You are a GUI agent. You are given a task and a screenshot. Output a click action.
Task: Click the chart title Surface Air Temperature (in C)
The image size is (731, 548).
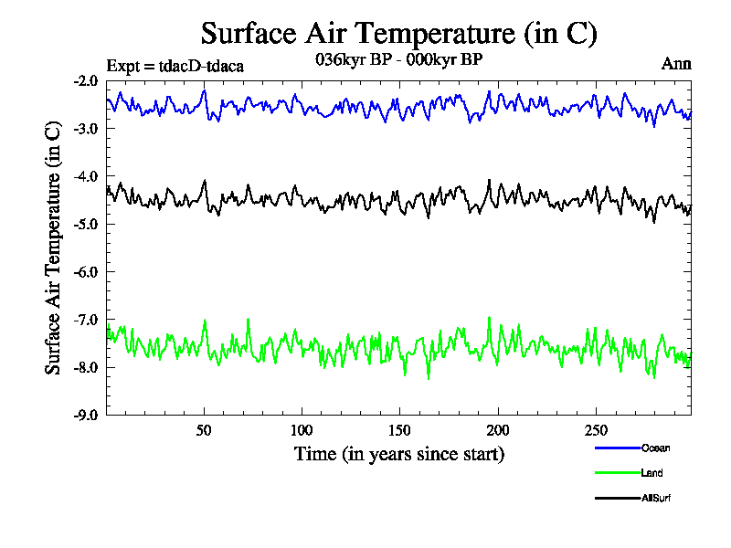click(x=398, y=34)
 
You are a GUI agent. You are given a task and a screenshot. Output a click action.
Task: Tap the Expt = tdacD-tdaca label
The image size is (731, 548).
click(x=175, y=65)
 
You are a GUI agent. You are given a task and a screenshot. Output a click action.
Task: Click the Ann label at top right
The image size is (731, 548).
click(x=676, y=64)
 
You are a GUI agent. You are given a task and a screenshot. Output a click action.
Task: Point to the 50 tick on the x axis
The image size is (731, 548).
click(x=204, y=430)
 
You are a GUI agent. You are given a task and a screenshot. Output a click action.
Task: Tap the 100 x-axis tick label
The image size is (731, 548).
click(x=302, y=430)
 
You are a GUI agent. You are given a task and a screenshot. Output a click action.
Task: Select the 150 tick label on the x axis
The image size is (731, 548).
click(x=399, y=430)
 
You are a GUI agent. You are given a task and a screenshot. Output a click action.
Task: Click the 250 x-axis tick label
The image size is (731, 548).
click(x=595, y=430)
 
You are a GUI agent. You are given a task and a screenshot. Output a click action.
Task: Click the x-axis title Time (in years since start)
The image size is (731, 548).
click(x=398, y=454)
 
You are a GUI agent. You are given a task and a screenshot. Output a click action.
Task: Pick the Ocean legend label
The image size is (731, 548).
click(x=656, y=448)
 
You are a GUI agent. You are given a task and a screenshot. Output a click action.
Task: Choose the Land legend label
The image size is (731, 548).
click(x=652, y=473)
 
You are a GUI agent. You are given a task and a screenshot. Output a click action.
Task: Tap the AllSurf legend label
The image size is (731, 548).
click(x=657, y=498)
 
